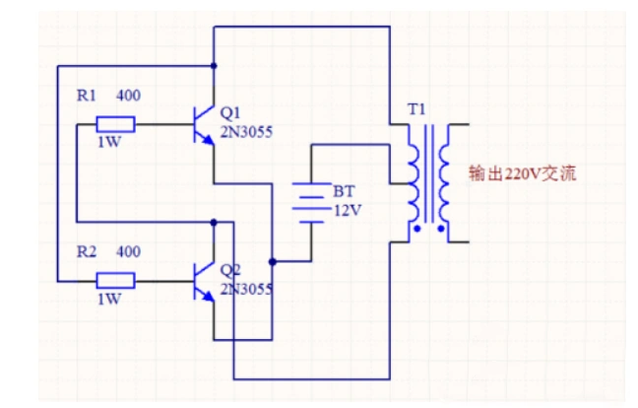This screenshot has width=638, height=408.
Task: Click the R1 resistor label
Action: coord(87,97)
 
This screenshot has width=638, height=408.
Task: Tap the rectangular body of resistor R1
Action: coord(115,125)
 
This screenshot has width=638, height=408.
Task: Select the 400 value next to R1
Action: coord(128,97)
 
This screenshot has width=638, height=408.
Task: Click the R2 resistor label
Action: coord(87,252)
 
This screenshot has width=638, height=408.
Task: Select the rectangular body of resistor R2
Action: coord(115,281)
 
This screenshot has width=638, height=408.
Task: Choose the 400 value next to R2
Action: coord(128,252)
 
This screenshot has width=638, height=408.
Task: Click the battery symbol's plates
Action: coord(311,202)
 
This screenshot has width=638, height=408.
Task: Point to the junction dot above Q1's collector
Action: coord(214,67)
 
